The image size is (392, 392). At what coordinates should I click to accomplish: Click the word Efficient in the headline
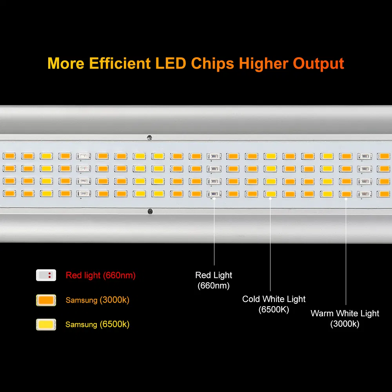120,64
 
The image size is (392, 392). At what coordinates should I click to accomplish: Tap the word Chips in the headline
213,64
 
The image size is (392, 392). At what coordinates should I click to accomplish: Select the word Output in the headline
319,64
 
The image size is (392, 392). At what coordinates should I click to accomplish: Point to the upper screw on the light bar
149,137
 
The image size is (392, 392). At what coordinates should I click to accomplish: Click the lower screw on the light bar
150,211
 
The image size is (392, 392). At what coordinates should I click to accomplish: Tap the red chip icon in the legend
46,275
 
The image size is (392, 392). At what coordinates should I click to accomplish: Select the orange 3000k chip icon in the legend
46,300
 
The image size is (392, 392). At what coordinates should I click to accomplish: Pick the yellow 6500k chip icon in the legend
46,324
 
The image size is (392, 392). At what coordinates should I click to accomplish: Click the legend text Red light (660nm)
101,276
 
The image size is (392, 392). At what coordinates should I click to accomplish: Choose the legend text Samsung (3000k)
98,300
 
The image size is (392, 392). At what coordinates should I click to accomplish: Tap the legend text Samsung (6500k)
97,325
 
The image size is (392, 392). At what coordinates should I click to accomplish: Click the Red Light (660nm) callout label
214,280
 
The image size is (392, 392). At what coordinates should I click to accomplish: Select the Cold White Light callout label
274,304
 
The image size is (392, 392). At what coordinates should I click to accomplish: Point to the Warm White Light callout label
345,318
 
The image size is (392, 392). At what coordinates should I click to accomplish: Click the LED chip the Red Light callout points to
214,194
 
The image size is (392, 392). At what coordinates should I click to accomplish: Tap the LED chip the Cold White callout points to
270,194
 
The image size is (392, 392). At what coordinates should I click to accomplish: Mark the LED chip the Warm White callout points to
346,194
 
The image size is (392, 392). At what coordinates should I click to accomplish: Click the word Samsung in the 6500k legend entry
81,325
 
